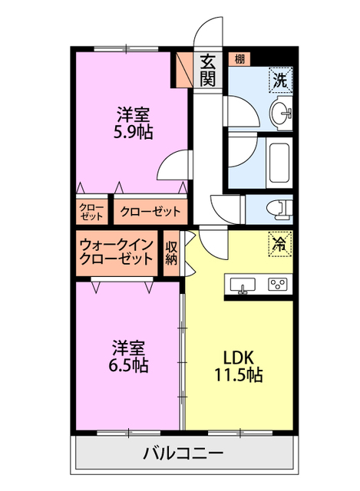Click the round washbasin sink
[281, 114]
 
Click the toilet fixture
[277, 206]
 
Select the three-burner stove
[277, 285]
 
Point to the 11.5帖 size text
[239, 375]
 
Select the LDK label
[239, 357]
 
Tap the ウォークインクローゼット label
[117, 252]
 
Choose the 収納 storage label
[172, 252]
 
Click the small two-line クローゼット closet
[92, 210]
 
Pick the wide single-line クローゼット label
[150, 210]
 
